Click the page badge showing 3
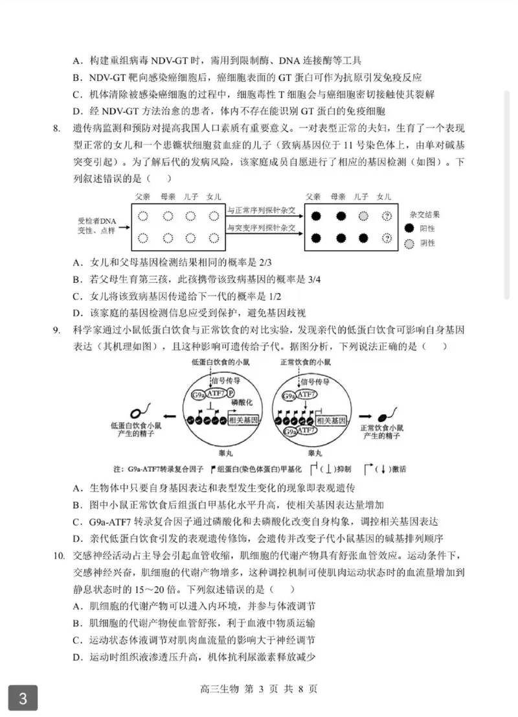pyautogui.click(x=23, y=698)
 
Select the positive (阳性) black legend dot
pyautogui.click(x=409, y=228)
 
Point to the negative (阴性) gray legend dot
pyautogui.click(x=409, y=244)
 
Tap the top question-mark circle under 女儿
pyautogui.click(x=387, y=217)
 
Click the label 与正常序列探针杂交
pyautogui.click(x=261, y=210)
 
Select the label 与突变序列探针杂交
pyautogui.click(x=261, y=228)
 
